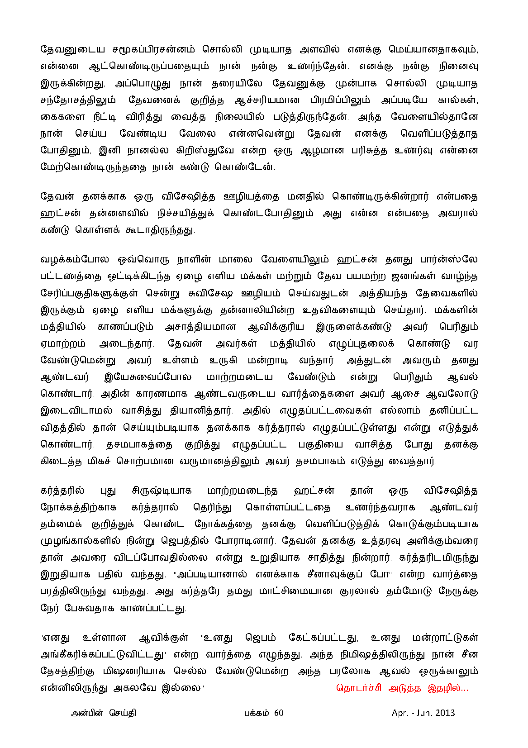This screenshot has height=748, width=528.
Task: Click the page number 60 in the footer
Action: point(279,713)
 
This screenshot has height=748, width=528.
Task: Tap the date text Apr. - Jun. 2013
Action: point(423,713)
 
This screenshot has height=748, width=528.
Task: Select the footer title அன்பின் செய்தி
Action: point(104,713)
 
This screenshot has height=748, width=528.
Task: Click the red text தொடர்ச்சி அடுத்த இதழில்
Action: point(402,688)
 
